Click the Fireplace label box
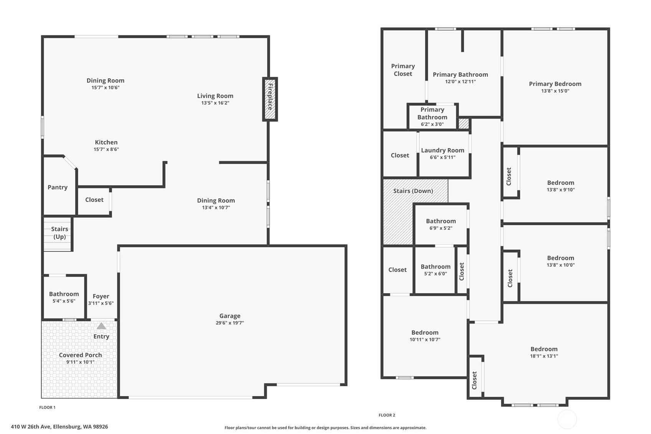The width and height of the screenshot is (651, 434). click(x=270, y=99)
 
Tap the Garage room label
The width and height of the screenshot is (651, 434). click(x=230, y=316)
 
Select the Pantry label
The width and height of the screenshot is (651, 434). click(x=58, y=187)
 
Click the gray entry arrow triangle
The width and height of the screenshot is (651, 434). click(x=101, y=326)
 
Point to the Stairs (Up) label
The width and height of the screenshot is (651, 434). click(x=59, y=233)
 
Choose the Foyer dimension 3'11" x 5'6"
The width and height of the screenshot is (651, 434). click(x=101, y=303)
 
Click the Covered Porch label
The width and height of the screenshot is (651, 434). click(x=81, y=355)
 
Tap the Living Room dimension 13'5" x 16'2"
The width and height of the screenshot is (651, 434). click(x=215, y=103)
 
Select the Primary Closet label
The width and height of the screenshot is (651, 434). click(x=403, y=70)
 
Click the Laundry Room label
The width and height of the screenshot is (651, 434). click(x=443, y=150)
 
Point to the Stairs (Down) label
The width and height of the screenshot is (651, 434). click(x=413, y=191)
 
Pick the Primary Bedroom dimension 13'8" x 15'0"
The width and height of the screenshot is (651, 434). click(x=555, y=91)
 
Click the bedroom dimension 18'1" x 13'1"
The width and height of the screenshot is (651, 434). click(x=544, y=356)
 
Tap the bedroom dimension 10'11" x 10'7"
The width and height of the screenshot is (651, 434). click(x=425, y=340)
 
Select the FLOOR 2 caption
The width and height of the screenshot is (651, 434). click(x=387, y=415)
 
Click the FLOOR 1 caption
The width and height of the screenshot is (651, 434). click(x=47, y=407)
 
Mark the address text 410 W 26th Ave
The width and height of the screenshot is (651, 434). click(x=31, y=427)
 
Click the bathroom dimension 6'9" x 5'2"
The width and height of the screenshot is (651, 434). click(x=441, y=228)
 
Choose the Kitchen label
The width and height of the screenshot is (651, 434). click(x=106, y=142)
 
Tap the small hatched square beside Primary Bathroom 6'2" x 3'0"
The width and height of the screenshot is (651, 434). click(x=464, y=123)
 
